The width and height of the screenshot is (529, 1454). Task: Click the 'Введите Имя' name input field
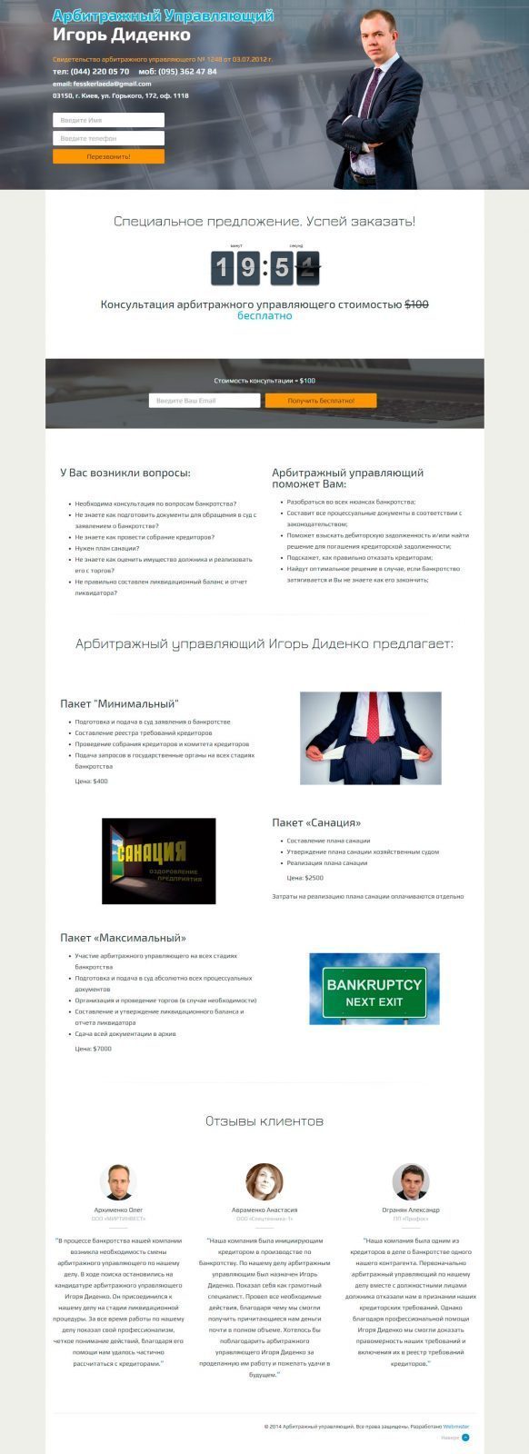pos(108,120)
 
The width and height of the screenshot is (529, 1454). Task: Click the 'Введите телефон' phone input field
pos(108,138)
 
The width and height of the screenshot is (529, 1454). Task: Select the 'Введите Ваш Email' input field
pos(205,401)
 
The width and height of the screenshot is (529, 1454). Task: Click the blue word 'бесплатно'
pos(264,316)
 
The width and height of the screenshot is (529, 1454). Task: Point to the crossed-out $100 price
pos(416,304)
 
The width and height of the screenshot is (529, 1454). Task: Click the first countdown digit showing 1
pos(224,268)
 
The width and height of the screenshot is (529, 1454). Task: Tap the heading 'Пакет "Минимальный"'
pos(119,703)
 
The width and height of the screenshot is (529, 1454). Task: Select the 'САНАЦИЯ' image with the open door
pos(158,861)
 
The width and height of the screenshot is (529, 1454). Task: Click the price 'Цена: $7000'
pos(93,1049)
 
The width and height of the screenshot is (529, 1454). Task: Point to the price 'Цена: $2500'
pos(304,878)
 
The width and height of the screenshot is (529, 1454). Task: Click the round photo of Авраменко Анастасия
pos(264,1181)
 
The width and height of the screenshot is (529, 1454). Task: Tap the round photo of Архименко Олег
pos(118,1181)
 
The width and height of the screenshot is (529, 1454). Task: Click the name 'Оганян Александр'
pos(410,1210)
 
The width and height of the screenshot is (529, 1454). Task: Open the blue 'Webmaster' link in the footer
pos(469,1427)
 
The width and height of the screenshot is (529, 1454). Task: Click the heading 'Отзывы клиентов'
pos(264,1121)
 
